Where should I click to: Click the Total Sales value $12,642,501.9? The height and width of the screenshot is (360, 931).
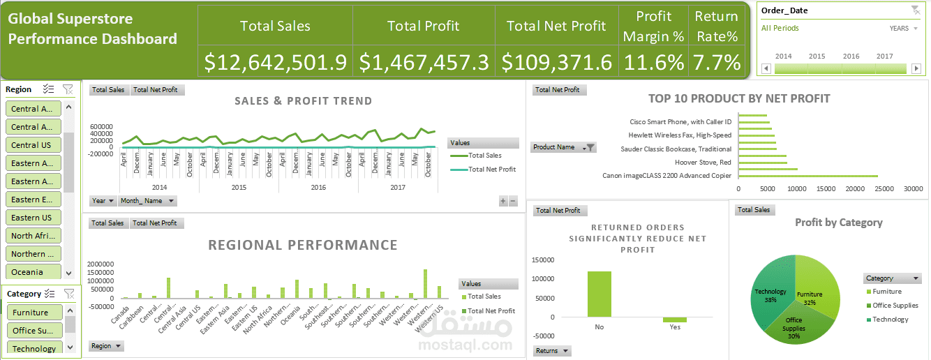pos(275,63)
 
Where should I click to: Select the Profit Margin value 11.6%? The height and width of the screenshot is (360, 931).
pos(653,63)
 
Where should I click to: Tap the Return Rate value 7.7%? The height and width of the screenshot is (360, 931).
pos(716,63)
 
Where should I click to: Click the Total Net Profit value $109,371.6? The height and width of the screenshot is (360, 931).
pos(556,63)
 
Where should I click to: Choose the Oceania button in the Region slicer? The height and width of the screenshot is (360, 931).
pos(33,272)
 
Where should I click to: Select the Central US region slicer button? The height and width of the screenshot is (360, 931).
pos(33,145)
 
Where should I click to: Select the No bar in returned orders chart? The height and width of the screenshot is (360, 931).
pos(599,294)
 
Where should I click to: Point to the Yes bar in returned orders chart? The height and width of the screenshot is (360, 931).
pos(675,320)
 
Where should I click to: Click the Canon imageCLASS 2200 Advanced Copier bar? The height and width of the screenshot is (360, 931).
pos(807,176)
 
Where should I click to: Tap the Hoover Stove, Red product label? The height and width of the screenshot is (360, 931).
pos(703,162)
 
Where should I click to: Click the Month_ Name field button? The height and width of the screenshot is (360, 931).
pos(147,201)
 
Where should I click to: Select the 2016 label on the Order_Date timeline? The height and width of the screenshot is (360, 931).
pos(851,57)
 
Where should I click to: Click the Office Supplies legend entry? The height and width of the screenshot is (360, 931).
pos(895,306)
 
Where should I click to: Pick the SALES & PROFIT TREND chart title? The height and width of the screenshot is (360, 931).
pos(303,101)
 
